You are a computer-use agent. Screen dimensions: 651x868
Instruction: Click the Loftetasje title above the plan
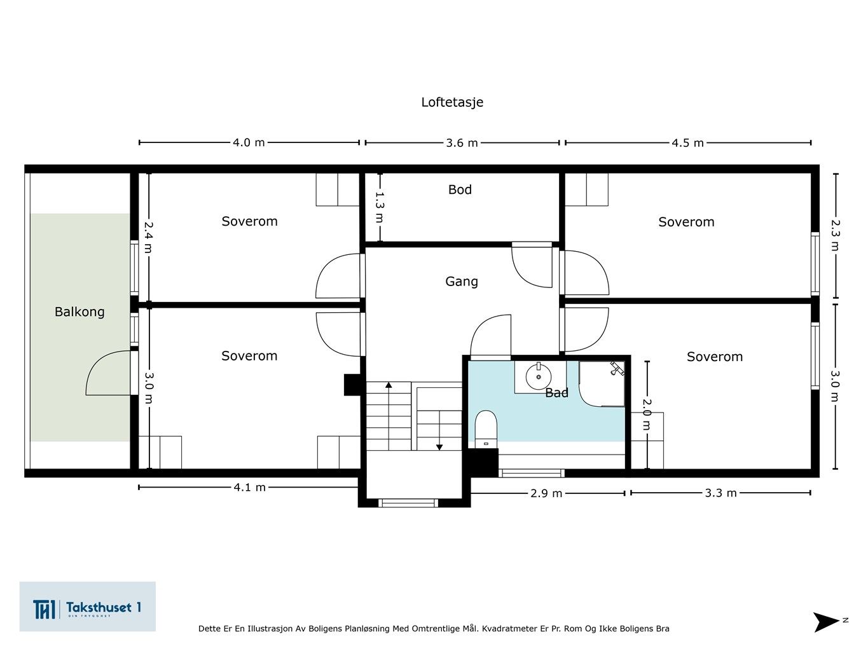coord(452,102)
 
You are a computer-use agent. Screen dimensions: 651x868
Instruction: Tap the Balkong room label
coord(79,312)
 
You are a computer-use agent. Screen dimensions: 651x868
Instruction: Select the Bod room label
coord(460,189)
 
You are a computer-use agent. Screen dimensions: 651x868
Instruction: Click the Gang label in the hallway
coord(461,281)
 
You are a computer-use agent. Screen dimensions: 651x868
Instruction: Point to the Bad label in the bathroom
coord(556,393)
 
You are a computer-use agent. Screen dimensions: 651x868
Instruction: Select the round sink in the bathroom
coord(537,377)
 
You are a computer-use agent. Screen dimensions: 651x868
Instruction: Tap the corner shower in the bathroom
coord(602,383)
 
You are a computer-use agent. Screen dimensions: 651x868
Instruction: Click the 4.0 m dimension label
coord(249,142)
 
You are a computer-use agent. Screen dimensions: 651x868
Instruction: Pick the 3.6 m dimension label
coord(462,143)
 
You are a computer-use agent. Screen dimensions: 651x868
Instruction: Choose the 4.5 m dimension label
coord(687,143)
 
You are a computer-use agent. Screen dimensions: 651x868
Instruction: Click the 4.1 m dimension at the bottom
coord(249,488)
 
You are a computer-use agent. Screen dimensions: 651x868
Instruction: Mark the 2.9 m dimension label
coord(546,493)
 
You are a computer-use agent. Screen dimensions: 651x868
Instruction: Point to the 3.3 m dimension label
coord(720,493)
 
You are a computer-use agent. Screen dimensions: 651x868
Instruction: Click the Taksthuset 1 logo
coord(87,606)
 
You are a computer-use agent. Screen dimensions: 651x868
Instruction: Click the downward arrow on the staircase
coord(439,446)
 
